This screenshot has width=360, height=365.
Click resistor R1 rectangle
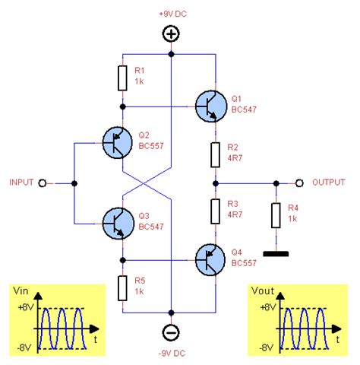[122, 78]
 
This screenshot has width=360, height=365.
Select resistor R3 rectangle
[216, 211]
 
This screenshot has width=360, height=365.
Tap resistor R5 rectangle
[122, 287]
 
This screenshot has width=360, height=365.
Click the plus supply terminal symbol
[171, 34]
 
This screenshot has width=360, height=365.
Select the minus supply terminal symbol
[171, 332]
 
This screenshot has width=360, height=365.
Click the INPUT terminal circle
[43, 182]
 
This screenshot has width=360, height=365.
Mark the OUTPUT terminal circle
[299, 182]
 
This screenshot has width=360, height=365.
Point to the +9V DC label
[172, 14]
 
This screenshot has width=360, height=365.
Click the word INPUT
[21, 182]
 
